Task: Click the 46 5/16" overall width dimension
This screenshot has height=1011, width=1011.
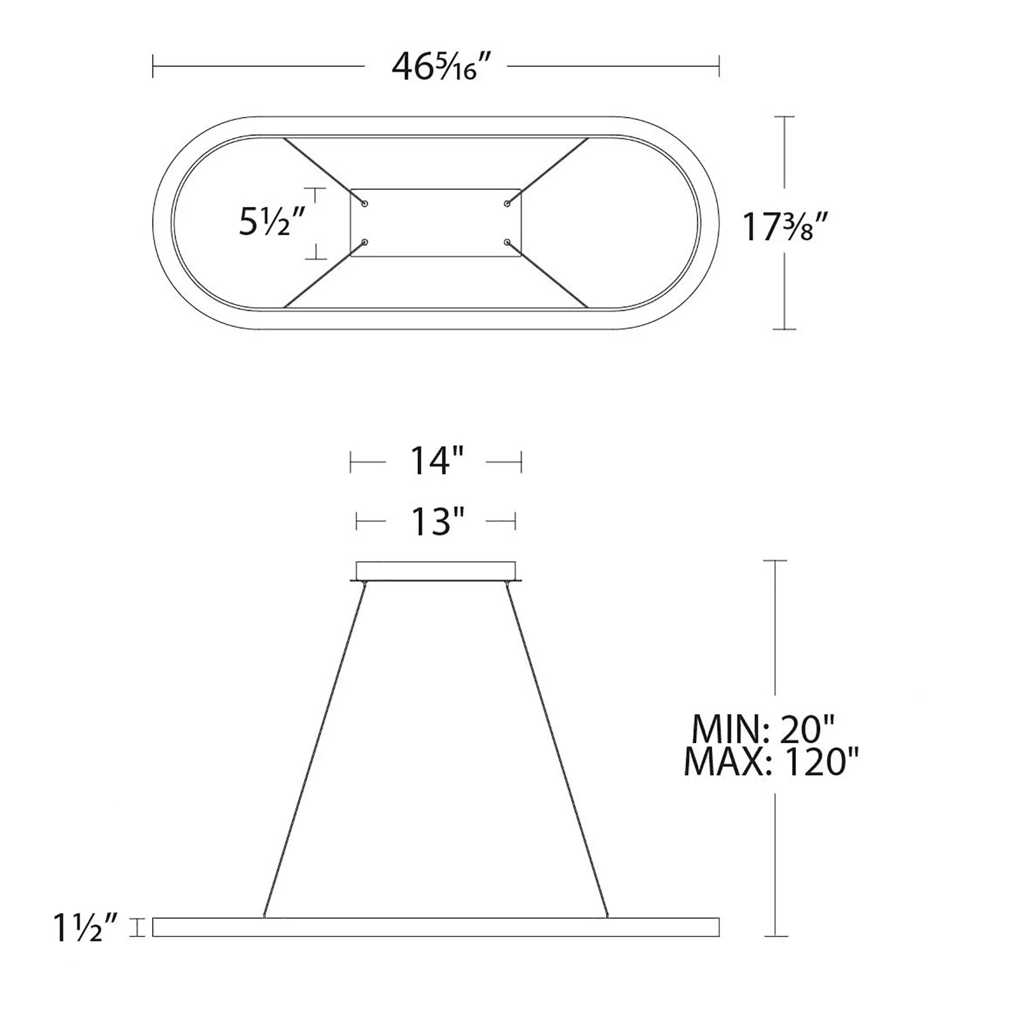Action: pyautogui.click(x=434, y=67)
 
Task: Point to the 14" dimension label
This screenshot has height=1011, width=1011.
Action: pyautogui.click(x=437, y=462)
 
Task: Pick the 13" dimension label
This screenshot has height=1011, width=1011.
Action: pyautogui.click(x=437, y=522)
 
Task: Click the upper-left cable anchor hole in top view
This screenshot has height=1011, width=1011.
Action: pyautogui.click(x=365, y=203)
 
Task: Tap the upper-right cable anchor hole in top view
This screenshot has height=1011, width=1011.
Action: pyautogui.click(x=507, y=203)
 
